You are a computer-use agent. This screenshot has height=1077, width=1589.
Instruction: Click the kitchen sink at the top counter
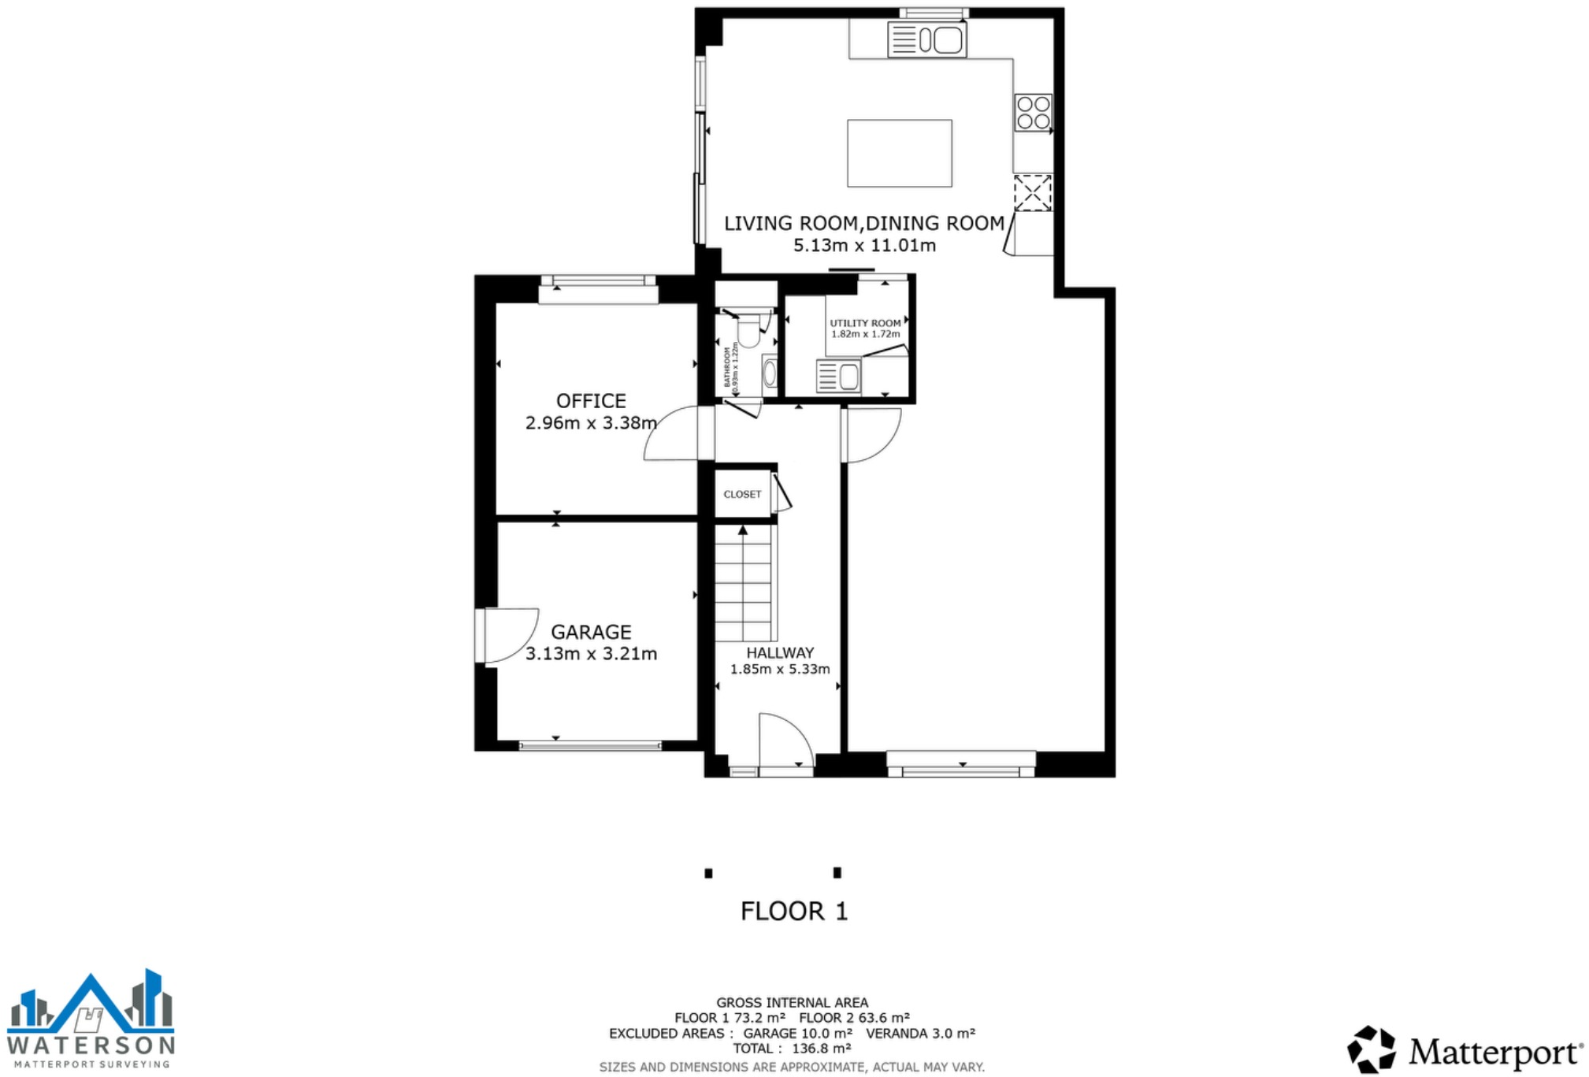click(926, 39)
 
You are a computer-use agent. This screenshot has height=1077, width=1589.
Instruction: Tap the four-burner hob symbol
click(1033, 112)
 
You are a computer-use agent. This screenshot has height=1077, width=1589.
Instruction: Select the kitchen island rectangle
click(899, 153)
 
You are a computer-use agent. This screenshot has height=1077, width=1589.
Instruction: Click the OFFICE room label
click(591, 400)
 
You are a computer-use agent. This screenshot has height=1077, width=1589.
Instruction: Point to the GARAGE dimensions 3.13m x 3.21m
click(591, 653)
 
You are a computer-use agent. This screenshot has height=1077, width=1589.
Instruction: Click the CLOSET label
click(742, 494)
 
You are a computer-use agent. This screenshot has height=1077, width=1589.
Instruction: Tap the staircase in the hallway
click(744, 584)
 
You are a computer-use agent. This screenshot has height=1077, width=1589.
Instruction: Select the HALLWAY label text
click(779, 652)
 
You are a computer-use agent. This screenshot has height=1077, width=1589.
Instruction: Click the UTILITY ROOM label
click(864, 323)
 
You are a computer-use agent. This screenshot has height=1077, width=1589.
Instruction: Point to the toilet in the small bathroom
click(748, 331)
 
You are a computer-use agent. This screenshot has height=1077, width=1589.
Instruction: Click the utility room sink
click(839, 376)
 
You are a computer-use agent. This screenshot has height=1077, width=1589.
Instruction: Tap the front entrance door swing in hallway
click(783, 741)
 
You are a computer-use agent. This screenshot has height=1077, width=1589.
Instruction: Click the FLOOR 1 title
click(793, 911)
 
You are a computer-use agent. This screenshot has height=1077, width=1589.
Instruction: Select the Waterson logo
click(91, 1018)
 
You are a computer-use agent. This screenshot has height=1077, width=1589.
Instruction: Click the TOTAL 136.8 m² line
click(792, 1049)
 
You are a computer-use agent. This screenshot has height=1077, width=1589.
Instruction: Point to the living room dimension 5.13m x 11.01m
click(864, 245)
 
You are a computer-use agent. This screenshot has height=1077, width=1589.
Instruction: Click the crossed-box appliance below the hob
click(1032, 193)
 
